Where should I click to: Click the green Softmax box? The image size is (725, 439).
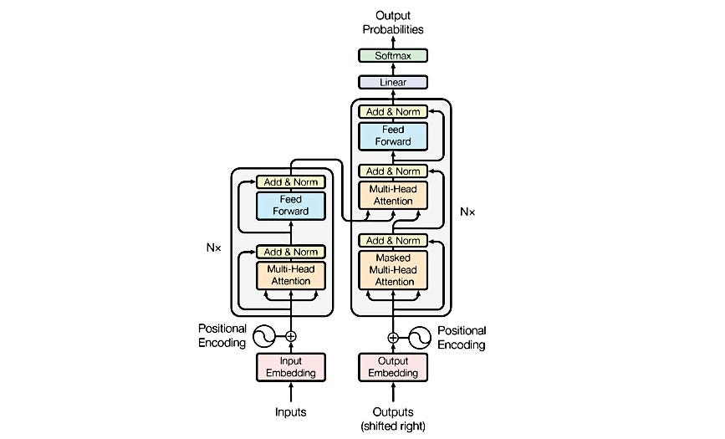tap(393, 55)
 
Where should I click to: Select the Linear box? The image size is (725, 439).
tap(393, 82)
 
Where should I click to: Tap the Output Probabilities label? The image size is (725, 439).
tap(393, 23)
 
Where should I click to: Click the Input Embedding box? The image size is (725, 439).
tap(291, 367)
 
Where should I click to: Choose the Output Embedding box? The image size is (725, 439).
tap(393, 367)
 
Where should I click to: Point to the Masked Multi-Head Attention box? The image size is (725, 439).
tap(393, 270)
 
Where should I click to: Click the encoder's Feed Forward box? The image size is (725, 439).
tap(291, 206)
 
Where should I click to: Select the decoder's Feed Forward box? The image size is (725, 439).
tap(393, 136)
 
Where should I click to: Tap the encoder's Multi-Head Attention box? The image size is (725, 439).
tap(291, 276)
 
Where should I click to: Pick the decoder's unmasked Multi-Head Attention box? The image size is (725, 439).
tap(393, 195)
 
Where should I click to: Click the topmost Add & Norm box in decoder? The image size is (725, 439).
tap(393, 111)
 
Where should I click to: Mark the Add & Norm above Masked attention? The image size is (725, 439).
tap(393, 241)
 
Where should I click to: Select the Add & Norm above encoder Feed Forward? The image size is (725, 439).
tap(291, 182)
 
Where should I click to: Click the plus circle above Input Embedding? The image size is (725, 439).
tap(291, 336)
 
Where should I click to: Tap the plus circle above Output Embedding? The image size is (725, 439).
tap(393, 338)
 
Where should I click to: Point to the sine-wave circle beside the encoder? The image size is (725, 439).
tap(264, 336)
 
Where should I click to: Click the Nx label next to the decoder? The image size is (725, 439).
tap(467, 212)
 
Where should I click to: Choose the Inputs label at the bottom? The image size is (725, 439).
tap(291, 411)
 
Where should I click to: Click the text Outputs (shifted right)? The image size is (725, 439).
tap(393, 419)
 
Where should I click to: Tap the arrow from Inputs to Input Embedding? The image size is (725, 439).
tap(291, 392)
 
